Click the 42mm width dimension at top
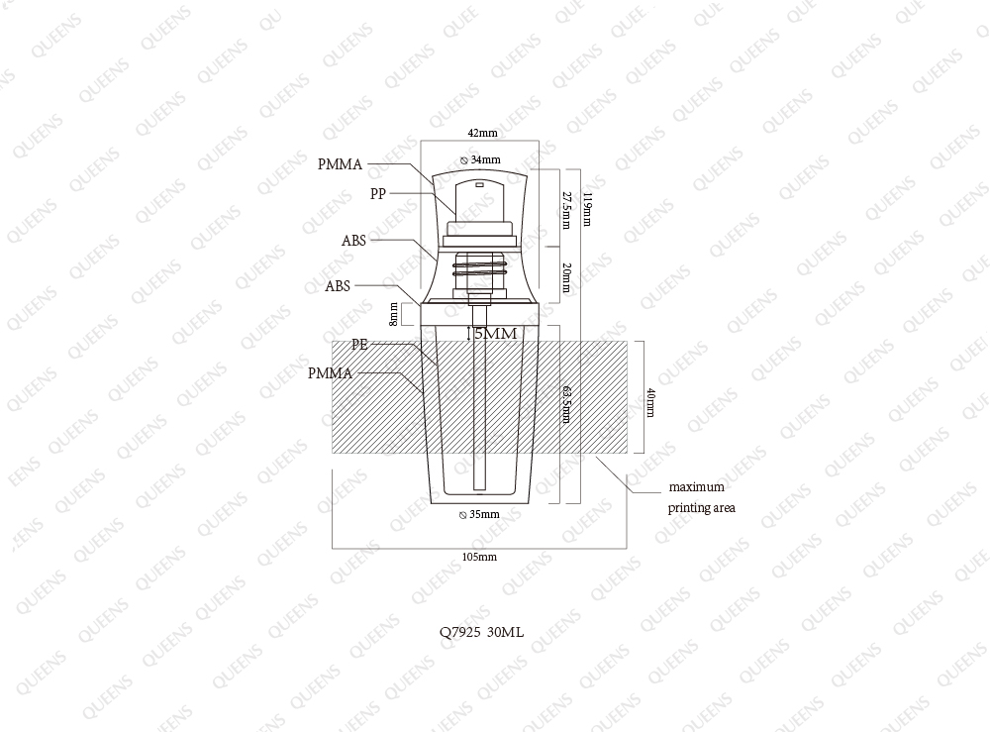[x=482, y=133]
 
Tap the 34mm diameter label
[x=481, y=159]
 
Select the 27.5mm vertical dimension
[x=566, y=210]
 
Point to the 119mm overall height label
[x=587, y=209]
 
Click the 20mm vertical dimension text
[x=566, y=277]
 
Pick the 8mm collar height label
[x=393, y=314]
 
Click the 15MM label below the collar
[x=492, y=334]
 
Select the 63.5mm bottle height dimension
[x=566, y=403]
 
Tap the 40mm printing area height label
[x=650, y=402]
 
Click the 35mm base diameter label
[x=480, y=514]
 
